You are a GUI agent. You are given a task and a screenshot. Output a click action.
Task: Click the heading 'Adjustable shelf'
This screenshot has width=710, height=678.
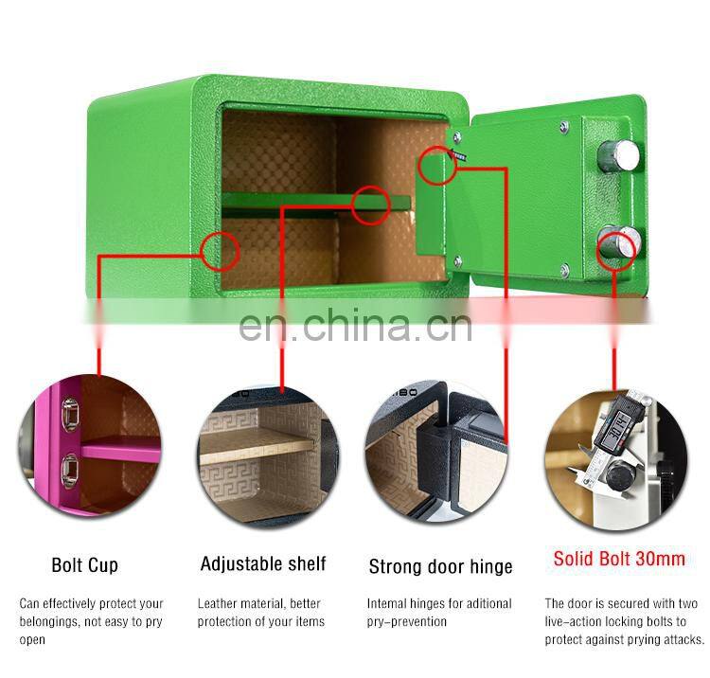[x=262, y=564]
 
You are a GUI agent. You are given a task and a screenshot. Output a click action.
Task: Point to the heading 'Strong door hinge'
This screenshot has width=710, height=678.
[x=440, y=566]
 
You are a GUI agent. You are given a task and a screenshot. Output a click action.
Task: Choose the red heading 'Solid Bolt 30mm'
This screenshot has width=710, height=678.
[x=619, y=559]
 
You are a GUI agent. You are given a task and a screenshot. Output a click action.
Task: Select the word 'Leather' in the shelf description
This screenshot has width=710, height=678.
[x=219, y=603]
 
